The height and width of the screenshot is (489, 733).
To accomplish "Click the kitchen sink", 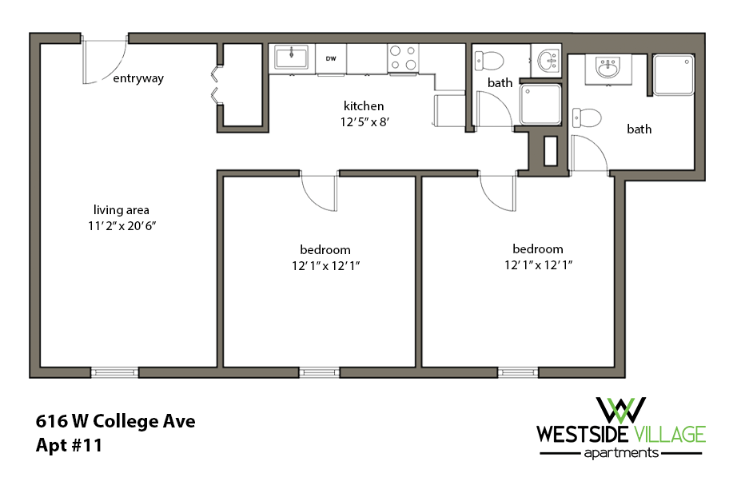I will pyautogui.click(x=292, y=57).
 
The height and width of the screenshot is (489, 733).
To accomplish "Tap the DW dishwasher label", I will pyautogui.click(x=330, y=58).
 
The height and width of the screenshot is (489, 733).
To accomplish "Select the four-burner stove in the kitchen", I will pyautogui.click(x=404, y=58).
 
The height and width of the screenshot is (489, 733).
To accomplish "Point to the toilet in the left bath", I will pyautogui.click(x=489, y=59).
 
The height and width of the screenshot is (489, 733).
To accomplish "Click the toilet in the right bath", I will pyautogui.click(x=588, y=117).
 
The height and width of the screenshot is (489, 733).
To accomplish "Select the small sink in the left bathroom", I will pyautogui.click(x=548, y=59).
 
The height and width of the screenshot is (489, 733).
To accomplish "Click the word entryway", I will pyautogui.click(x=138, y=78).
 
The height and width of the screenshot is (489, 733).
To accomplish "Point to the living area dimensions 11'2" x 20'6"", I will pyautogui.click(x=122, y=226).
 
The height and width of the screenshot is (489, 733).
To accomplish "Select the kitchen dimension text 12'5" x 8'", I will pyautogui.click(x=364, y=122).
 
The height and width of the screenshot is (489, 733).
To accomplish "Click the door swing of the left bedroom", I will pyautogui.click(x=319, y=192).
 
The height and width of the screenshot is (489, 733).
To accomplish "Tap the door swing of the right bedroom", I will pyautogui.click(x=498, y=192).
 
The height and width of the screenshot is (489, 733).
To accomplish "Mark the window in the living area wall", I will pyautogui.click(x=114, y=372).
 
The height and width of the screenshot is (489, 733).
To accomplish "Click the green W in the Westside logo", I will pyautogui.click(x=621, y=410).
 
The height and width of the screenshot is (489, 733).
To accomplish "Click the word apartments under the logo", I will pyautogui.click(x=621, y=452).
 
